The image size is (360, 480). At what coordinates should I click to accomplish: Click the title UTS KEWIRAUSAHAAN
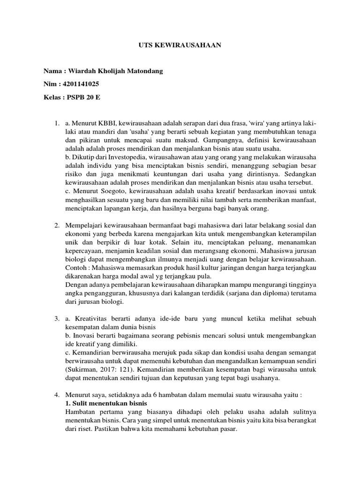[x=180, y=45]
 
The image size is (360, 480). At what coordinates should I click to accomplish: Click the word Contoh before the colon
[x=76, y=268]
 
